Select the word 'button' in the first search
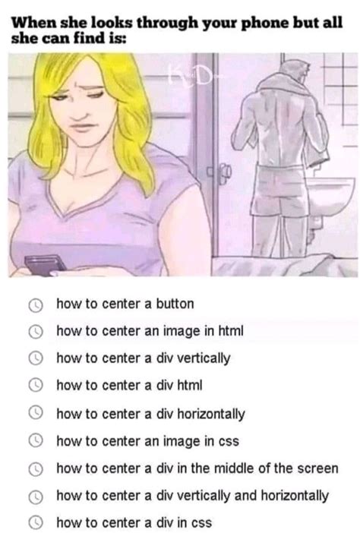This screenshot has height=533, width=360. (x=175, y=304)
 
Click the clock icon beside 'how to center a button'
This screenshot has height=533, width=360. (x=36, y=305)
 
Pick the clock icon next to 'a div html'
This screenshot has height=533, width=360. (x=36, y=386)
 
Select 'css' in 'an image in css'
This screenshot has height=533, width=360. (x=229, y=442)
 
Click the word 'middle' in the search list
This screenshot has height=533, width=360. (x=234, y=468)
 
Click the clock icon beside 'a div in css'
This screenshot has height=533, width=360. (x=36, y=522)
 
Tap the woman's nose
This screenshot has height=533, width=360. (x=80, y=109)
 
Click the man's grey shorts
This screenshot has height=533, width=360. (x=279, y=190)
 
